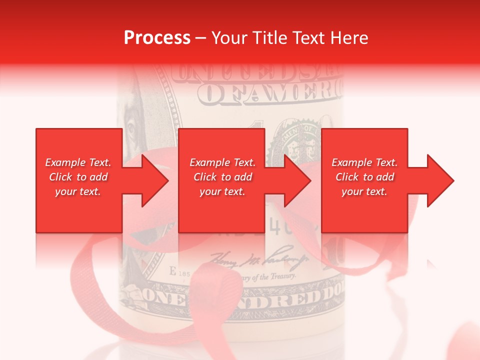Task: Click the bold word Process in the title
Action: click(157, 38)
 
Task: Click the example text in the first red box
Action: click(78, 177)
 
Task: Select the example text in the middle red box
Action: click(222, 177)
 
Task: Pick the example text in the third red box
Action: click(364, 177)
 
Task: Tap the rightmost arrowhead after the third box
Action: click(440, 180)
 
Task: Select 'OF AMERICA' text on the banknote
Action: click(270, 94)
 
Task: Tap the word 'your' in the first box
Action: click(65, 191)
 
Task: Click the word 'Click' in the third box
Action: click(345, 177)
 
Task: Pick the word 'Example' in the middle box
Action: click(206, 162)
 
